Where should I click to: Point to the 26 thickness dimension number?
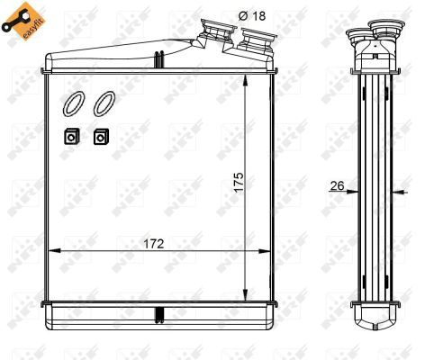pos(338,185)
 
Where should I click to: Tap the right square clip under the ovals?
pos(101,137)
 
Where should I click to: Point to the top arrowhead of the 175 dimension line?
pos(246,80)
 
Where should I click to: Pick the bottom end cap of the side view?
pos(375,317)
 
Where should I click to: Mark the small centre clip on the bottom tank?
pos(158,315)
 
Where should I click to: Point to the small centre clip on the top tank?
pos(158,60)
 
